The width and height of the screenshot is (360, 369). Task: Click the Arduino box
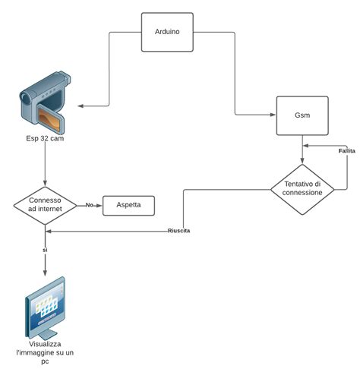(168, 33)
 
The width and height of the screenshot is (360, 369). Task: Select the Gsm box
(302, 116)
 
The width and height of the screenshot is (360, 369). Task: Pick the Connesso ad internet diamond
(45, 205)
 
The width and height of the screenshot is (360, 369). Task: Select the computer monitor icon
(45, 307)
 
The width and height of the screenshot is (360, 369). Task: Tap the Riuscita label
(178, 231)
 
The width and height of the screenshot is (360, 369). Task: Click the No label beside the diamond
(89, 205)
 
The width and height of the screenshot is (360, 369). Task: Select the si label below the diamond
(45, 250)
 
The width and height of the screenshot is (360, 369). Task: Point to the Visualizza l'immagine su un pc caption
(45, 352)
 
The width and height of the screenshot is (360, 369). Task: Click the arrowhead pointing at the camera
(83, 106)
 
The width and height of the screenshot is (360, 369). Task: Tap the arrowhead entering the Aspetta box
(99, 205)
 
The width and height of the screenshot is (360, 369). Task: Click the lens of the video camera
(27, 96)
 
